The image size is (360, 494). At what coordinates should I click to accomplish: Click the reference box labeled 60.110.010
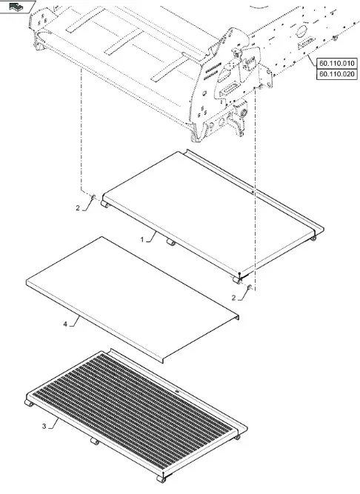pos(336,63)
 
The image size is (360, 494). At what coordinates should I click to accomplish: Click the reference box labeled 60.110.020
pos(336,74)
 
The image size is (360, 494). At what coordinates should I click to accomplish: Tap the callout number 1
pos(142,240)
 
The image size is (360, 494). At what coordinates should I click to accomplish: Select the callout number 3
pos(44,427)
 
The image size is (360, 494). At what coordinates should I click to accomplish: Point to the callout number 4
pos(65,324)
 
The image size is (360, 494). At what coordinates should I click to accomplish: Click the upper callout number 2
pos(78,208)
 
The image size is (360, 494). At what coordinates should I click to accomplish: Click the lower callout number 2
pos(233,298)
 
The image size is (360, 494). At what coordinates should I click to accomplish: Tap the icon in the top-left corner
pos(16,7)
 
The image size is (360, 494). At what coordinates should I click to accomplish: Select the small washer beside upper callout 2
pos(93,198)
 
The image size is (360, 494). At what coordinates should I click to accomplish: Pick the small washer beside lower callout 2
pos(250,287)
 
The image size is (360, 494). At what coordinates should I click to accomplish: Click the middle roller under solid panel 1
pos(170,242)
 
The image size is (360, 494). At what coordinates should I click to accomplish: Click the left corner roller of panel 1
pos(105,204)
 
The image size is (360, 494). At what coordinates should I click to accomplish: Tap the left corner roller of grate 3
pos(29,403)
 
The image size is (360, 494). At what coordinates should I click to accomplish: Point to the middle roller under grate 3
pos(95,441)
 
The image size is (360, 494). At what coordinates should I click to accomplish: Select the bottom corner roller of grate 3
pos(161,479)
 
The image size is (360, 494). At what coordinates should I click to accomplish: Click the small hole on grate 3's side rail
pos(177,392)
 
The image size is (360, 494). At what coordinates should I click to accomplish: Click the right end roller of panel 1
pos(313,238)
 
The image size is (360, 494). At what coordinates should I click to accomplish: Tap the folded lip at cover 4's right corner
pos(236,317)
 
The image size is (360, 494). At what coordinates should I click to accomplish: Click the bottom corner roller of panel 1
pos(236,279)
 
